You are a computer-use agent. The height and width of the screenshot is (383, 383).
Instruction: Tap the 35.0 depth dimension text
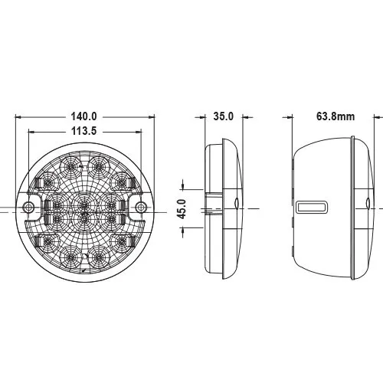click(x=224, y=116)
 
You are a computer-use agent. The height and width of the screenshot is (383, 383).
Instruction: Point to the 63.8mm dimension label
click(x=336, y=116)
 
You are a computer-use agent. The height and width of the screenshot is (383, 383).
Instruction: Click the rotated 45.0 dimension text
click(x=182, y=209)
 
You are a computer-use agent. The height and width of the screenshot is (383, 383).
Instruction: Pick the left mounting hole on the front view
click(x=28, y=207)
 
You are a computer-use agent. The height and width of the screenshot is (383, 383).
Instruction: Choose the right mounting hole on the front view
click(x=140, y=207)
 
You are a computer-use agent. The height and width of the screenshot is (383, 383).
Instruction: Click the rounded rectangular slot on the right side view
click(x=312, y=207)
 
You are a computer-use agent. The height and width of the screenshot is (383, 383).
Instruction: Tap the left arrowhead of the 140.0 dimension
click(x=18, y=117)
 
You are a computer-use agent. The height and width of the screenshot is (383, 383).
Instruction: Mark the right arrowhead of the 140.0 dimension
click(x=152, y=117)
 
